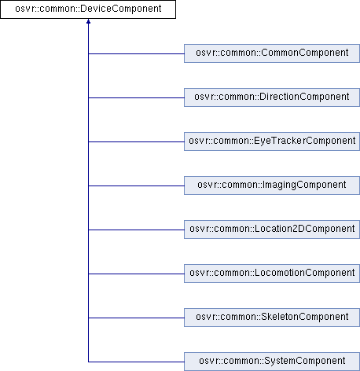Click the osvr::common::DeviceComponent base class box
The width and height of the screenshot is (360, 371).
[x=88, y=9]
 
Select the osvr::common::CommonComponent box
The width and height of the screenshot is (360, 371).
[x=272, y=53]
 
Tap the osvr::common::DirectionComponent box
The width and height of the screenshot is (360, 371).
[x=272, y=97]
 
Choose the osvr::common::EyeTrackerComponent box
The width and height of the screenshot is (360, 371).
[x=272, y=141]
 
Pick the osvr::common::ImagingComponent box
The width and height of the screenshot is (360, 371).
[x=272, y=185]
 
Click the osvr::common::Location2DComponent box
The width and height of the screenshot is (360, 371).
[x=272, y=230]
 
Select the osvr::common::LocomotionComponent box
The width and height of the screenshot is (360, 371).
[x=272, y=274]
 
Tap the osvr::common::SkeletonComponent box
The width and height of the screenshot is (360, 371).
[x=272, y=318]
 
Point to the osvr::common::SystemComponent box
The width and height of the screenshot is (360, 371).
[x=272, y=362]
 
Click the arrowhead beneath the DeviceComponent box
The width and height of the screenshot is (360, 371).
[x=88, y=21]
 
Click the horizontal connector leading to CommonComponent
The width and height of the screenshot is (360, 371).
[x=136, y=53]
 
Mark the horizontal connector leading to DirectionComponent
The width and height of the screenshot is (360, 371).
[x=136, y=97]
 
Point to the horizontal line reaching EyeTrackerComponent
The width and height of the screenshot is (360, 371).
[x=136, y=141]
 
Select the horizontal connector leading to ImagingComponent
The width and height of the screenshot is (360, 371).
[x=136, y=185]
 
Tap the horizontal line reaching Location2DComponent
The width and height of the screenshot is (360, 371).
[x=136, y=230]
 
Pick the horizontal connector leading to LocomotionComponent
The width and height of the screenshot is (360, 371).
[x=136, y=274]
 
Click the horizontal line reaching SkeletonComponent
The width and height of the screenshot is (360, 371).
[x=136, y=318]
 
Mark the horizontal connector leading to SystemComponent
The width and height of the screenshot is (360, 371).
[x=136, y=362]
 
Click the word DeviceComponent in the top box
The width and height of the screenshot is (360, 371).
[x=121, y=9]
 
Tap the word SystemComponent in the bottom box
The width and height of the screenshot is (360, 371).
[x=305, y=361]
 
